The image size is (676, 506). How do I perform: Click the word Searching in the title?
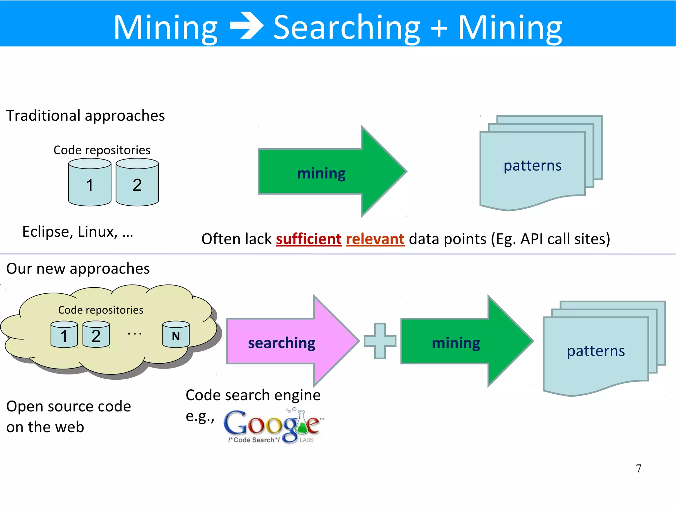(347, 28)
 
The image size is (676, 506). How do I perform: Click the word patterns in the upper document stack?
(532, 165)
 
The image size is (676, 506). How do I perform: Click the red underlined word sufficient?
(309, 239)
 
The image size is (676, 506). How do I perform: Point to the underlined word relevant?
(375, 239)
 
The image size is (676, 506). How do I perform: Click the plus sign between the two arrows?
(380, 341)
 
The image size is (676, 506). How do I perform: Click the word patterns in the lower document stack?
(595, 351)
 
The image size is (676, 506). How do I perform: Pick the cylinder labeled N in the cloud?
(176, 335)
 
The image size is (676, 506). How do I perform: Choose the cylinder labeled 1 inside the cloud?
(64, 335)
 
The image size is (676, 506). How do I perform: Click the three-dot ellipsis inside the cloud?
(135, 334)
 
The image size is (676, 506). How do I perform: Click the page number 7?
(638, 468)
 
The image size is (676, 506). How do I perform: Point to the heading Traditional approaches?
(85, 116)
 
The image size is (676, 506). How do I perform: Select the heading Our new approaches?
(78, 269)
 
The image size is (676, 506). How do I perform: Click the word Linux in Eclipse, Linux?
(96, 232)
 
